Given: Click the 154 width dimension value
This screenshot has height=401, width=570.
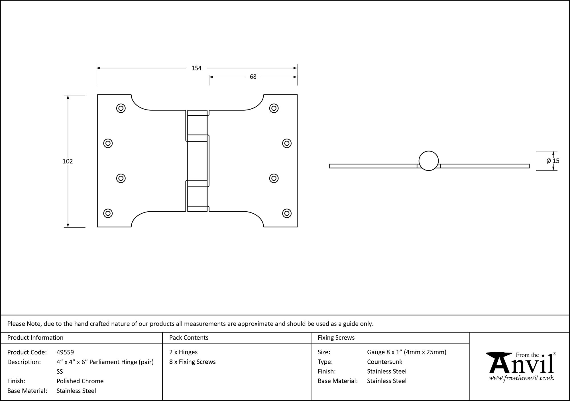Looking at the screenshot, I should [x=196, y=68].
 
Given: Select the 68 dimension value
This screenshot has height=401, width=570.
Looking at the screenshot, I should [x=253, y=77].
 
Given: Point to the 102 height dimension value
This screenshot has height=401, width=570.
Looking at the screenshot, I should [x=68, y=161].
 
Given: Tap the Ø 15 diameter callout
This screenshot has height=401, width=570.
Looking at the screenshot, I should [x=553, y=161].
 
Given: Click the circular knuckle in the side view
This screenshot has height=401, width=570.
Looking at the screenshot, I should [x=428, y=161].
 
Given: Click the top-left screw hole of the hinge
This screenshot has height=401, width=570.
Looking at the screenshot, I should [x=121, y=108].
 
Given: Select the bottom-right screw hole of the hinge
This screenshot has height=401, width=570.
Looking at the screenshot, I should [x=287, y=213].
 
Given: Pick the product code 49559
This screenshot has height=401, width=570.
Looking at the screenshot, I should [x=65, y=352].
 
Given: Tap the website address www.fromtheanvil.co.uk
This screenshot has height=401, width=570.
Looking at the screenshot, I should [x=522, y=378].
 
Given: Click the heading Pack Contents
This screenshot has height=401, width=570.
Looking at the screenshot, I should [x=189, y=338].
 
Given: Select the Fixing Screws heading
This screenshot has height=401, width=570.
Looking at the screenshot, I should [x=336, y=338].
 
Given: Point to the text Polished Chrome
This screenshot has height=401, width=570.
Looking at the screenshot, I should [x=80, y=381].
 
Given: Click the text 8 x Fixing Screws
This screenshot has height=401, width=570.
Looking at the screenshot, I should [x=192, y=362].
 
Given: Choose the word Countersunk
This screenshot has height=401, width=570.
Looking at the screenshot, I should [x=384, y=362].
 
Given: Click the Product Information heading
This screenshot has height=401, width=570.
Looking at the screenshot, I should [x=35, y=338].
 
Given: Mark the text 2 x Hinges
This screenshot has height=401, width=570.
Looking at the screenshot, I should [x=183, y=352].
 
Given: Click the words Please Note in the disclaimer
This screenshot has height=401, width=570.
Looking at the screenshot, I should [x=25, y=324].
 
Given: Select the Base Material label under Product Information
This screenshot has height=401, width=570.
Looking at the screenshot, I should [x=27, y=391].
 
